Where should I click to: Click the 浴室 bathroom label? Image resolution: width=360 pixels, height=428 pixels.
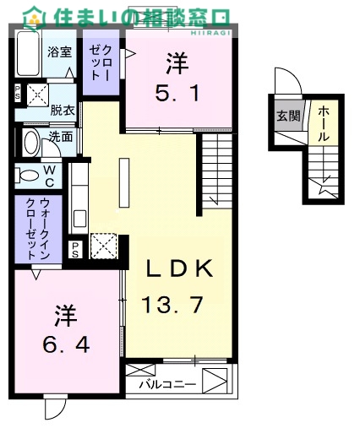(59, 51)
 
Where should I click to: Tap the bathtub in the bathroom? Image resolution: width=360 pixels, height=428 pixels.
(28, 53)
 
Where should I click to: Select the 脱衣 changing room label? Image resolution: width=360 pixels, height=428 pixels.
(63, 111)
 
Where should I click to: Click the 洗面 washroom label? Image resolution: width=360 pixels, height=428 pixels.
(61, 137)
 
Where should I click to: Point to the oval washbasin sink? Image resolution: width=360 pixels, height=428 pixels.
(32, 143)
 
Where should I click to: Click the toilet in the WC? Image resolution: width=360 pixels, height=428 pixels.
(26, 176)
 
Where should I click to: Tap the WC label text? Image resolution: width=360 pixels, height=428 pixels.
(49, 176)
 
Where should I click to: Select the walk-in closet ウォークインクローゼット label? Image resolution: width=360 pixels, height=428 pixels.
(38, 229)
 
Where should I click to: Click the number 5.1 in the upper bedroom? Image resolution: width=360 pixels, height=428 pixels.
(177, 93)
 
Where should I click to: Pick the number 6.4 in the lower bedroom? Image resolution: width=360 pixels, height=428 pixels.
(66, 344)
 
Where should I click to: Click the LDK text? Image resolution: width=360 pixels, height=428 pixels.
(179, 268)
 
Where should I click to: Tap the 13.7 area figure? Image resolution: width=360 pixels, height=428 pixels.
(172, 305)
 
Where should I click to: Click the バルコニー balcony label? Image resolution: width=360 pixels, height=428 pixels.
(168, 384)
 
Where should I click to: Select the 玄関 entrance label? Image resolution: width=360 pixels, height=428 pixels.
(288, 116)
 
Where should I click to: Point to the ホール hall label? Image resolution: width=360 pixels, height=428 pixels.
(324, 124)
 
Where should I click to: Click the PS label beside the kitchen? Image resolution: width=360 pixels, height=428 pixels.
(75, 250)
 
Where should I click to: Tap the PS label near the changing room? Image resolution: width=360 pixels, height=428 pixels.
(18, 93)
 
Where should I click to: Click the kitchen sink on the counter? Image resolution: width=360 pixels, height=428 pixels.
(79, 219)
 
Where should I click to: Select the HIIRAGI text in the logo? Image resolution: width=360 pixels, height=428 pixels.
(211, 33)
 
